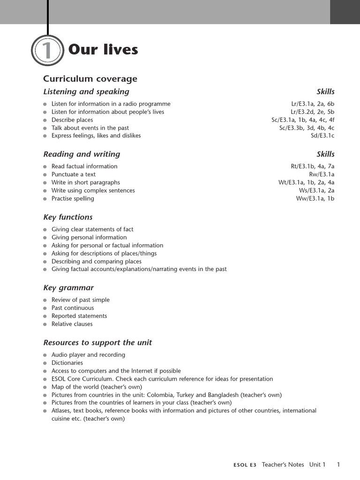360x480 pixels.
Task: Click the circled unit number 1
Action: [47, 51]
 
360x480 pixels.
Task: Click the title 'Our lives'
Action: [103, 50]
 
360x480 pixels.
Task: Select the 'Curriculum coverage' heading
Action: [90, 79]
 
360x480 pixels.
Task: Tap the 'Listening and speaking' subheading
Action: [86, 92]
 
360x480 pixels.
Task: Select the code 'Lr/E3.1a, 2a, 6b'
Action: [313, 104]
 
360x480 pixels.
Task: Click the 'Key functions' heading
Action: [68, 217]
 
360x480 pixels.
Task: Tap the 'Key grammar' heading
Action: [68, 288]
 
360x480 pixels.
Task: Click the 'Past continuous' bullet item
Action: [73, 308]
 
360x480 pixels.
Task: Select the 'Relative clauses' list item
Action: [72, 324]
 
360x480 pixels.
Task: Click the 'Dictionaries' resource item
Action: [67, 363]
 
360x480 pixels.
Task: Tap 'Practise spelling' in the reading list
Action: [73, 199]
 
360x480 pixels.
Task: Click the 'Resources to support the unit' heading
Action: [97, 343]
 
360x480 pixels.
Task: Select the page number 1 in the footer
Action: [338, 465]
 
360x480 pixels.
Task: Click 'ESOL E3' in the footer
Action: [245, 465]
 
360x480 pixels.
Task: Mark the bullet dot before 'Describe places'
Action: [45, 120]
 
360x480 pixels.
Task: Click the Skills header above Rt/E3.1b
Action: [325, 154]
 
